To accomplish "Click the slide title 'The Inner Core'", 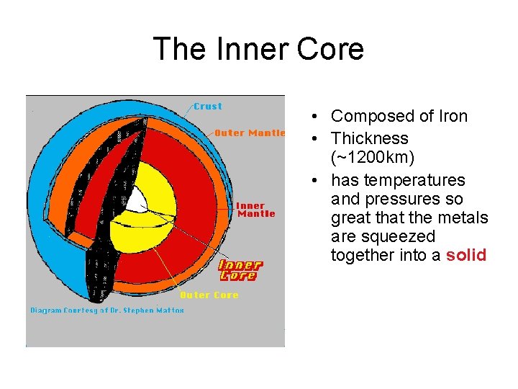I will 258,49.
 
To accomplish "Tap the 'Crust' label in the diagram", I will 208,107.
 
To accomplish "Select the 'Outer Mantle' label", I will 250,133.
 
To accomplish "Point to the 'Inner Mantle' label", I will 255,210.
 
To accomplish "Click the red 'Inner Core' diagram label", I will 240,270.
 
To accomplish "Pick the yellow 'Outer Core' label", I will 209,295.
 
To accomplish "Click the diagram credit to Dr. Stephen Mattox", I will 107,310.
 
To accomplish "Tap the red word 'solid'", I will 466,255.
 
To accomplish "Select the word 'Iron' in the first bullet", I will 451,116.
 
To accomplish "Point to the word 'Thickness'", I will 369,138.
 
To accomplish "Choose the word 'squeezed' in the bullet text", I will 399,236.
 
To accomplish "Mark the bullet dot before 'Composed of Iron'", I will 317,117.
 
